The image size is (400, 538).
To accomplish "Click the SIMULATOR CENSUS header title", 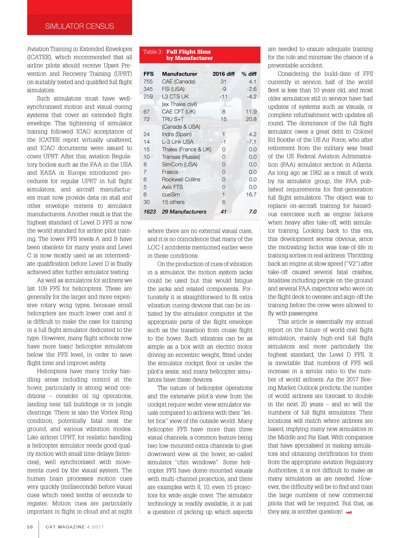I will pos(79,26).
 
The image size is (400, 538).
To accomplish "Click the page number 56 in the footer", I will pos(30,527).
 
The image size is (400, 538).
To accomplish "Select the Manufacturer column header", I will pos(179,74).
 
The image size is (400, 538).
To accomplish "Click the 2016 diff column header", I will pos(223,74).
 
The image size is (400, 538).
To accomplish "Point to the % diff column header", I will pos(249,74).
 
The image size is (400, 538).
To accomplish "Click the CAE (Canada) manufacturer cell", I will pos(178,82).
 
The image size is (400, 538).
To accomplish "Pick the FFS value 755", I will pos(148,82).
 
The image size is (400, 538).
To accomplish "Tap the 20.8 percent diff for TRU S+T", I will pos(251,119).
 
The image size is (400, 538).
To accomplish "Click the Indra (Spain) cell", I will pos(177,134).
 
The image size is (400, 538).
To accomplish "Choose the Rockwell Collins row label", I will pos(181,179).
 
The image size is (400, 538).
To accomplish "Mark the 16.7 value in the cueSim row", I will pos(251,194).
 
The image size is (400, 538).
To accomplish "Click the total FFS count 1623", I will pos(150,212).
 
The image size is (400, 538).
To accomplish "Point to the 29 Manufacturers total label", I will pos(184,212).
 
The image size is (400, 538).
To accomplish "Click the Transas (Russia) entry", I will pos(181,157).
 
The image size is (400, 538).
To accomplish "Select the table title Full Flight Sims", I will pos(188,52).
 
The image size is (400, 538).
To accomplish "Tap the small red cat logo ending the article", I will pos(349,512).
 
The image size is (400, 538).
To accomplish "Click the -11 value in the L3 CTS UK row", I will pos(223,97).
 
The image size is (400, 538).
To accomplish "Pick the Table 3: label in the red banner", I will pos(153,52).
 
